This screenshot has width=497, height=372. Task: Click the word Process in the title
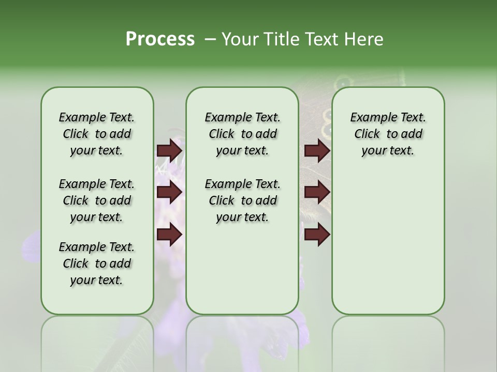pos(160,39)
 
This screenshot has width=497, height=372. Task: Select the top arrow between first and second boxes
pos(169,151)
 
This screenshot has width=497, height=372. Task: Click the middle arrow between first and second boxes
pos(169,193)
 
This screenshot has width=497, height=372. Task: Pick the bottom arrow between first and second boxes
pos(169,235)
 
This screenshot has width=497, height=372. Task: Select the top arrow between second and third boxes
pos(317,151)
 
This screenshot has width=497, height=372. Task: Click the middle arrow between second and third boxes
pos(317,193)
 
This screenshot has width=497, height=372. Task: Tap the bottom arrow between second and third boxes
pos(317,235)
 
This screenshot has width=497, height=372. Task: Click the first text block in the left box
pos(97,134)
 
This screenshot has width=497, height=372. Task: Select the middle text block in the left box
pos(97,200)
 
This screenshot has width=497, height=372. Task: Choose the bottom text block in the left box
pos(97,263)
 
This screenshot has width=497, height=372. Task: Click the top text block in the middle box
pos(242,134)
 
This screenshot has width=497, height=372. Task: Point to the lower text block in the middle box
pos(242,200)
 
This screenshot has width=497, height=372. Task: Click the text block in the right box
pos(388,134)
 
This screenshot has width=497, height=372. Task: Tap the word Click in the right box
pos(367,134)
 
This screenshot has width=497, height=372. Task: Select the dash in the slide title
pos(210,39)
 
